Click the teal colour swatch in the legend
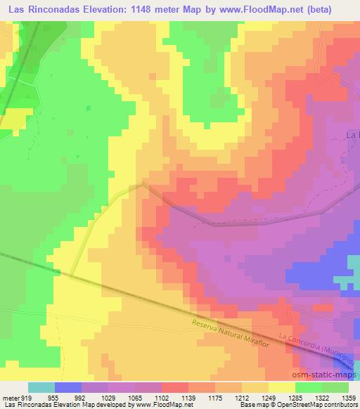point(41,387)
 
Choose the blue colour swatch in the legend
point(68,387)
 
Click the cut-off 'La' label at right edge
point(353,134)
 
